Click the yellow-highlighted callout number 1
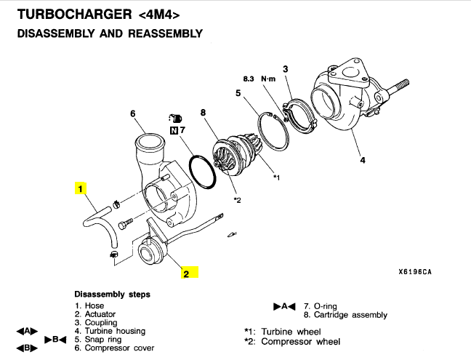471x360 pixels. pyautogui.click(x=80, y=188)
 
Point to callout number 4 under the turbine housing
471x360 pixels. pyautogui.click(x=363, y=160)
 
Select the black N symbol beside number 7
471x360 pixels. pyautogui.click(x=174, y=130)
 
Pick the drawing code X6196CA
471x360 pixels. pyautogui.click(x=415, y=272)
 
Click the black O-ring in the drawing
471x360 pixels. pyautogui.click(x=202, y=172)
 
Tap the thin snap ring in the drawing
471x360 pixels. pyautogui.click(x=273, y=131)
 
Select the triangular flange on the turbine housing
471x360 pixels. pyautogui.click(x=347, y=73)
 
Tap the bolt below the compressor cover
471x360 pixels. pyautogui.click(x=125, y=224)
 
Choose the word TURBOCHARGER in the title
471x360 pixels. pyautogui.click(x=75, y=15)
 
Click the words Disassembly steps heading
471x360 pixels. pyautogui.click(x=113, y=294)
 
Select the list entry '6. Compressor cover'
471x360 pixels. pyautogui.click(x=114, y=348)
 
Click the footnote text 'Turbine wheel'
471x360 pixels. pyautogui.click(x=291, y=332)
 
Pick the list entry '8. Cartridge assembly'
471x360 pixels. pyautogui.click(x=345, y=315)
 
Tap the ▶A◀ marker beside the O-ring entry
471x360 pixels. pyautogui.click(x=284, y=306)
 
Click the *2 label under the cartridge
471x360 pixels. pyautogui.click(x=237, y=200)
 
